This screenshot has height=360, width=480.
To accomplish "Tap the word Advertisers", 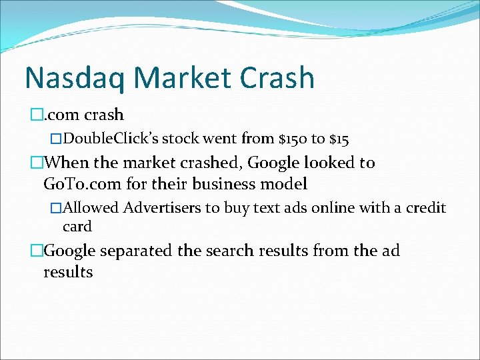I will (162, 208).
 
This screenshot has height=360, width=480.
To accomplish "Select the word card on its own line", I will (77, 226).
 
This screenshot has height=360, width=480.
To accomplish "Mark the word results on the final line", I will (68, 272).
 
